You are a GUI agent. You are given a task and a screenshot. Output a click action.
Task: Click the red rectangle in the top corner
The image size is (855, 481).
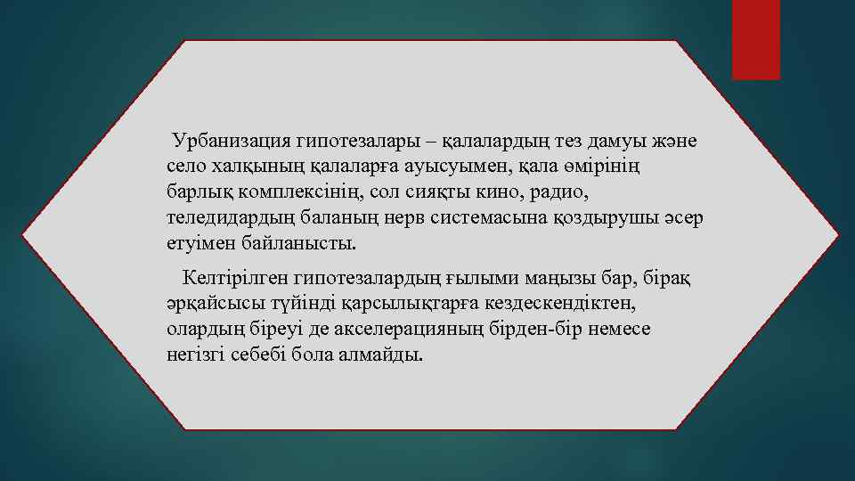click(x=756, y=40)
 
